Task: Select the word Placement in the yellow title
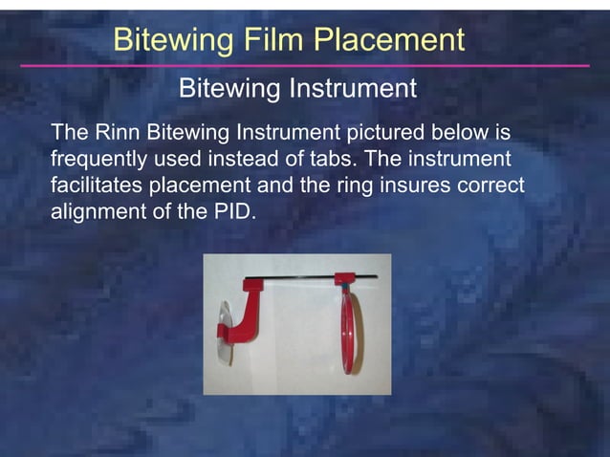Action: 390,40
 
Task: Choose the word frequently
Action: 101,158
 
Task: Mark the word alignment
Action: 97,210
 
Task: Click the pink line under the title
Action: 305,66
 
